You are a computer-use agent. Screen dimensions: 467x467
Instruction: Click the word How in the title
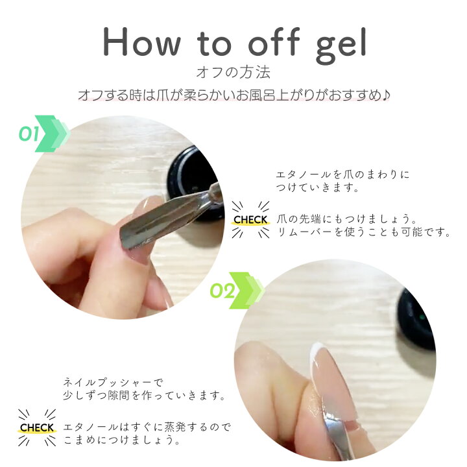pyautogui.click(x=141, y=42)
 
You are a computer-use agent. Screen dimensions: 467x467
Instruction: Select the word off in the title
pyautogui.click(x=274, y=42)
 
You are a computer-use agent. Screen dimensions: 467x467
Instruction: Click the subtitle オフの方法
pyautogui.click(x=233, y=73)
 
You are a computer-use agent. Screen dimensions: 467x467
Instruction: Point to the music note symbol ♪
pyautogui.click(x=387, y=95)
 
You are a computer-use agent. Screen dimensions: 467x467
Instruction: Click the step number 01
pyautogui.click(x=29, y=134)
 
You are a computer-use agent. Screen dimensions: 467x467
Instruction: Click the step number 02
pyautogui.click(x=222, y=291)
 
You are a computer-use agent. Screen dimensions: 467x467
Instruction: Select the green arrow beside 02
pyautogui.click(x=246, y=291)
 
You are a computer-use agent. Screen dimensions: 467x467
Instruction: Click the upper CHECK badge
pyautogui.click(x=250, y=220)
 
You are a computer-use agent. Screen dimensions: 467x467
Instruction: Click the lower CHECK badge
pyautogui.click(x=37, y=427)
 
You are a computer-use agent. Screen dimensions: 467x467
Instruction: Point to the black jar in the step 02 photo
pyautogui.click(x=416, y=318)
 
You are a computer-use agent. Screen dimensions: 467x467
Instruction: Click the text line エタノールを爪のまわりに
pyautogui.click(x=343, y=175)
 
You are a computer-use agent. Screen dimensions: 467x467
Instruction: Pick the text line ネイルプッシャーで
pyautogui.click(x=114, y=383)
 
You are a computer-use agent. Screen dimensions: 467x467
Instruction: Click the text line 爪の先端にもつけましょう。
pyautogui.click(x=347, y=219)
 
